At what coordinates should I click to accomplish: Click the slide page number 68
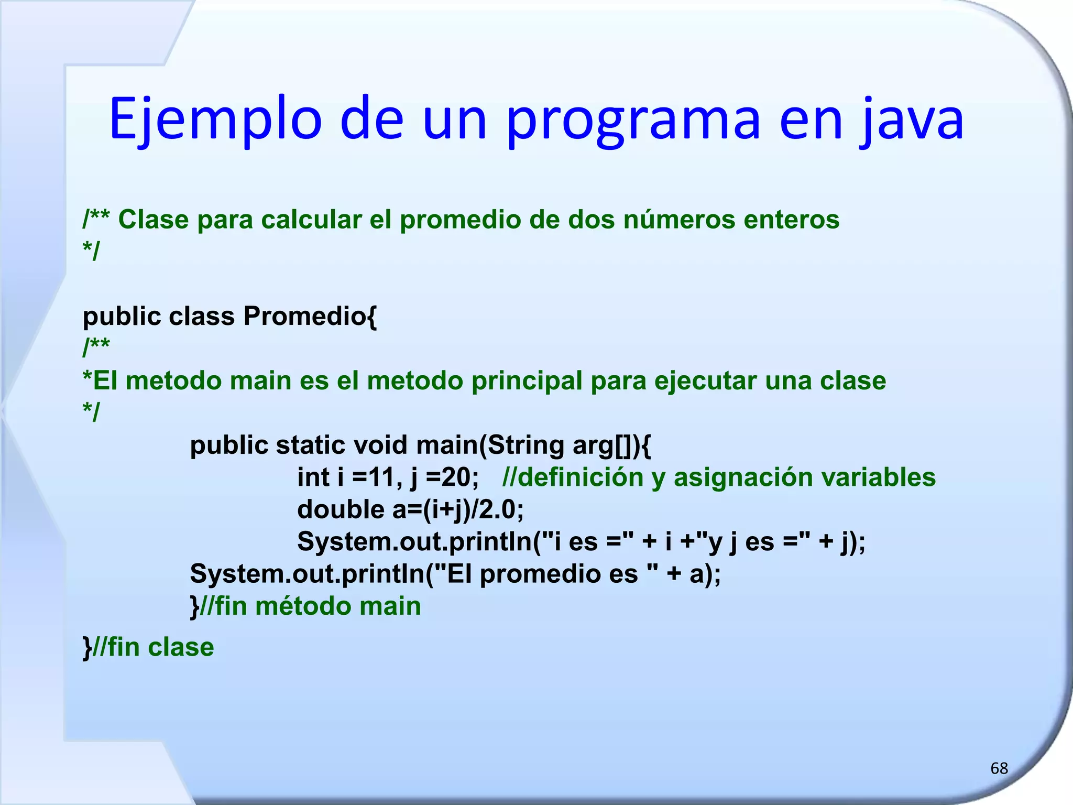tap(999, 768)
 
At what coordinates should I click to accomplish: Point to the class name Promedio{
tap(310, 316)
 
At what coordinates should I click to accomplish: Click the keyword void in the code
tap(380, 445)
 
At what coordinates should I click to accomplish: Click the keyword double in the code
tap(341, 509)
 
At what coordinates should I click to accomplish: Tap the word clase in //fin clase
tap(181, 647)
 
